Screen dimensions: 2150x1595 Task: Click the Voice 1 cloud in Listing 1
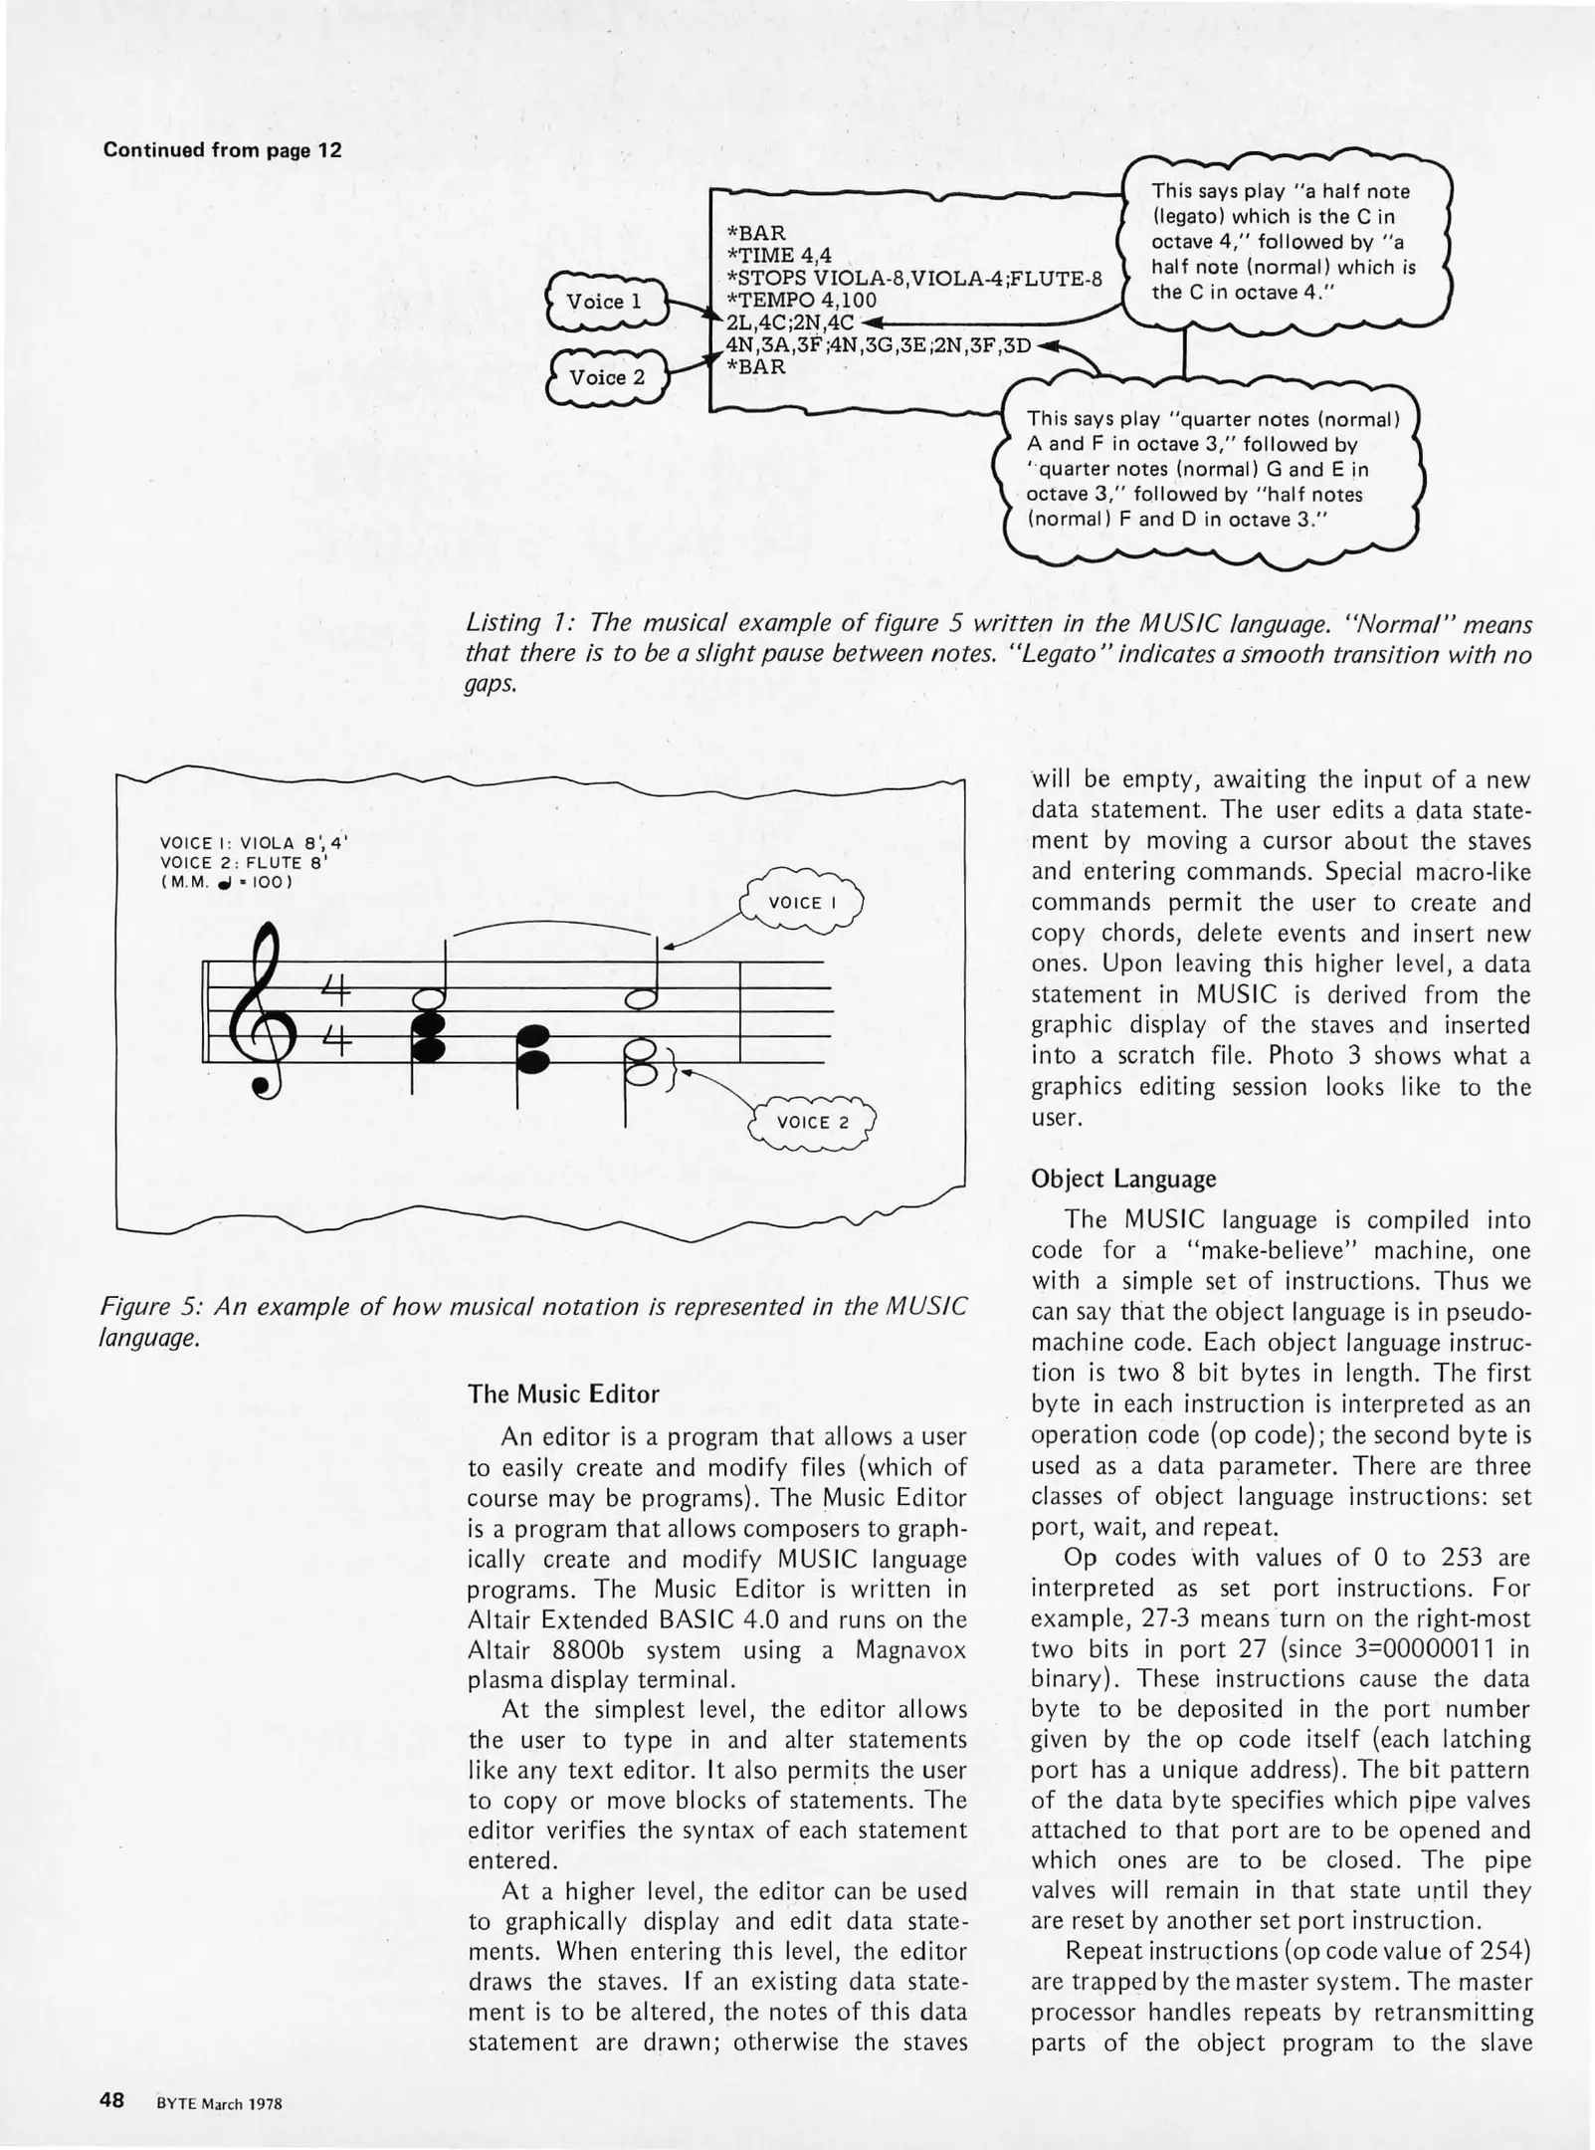(605, 302)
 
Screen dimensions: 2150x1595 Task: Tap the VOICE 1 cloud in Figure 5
(801, 904)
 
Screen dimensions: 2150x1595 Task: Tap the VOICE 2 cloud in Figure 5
(813, 1123)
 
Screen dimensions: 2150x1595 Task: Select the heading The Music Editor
(563, 1395)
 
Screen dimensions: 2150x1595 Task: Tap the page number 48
(111, 2101)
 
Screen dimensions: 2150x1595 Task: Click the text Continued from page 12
(223, 150)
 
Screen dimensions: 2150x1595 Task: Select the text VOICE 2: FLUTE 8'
(244, 863)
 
